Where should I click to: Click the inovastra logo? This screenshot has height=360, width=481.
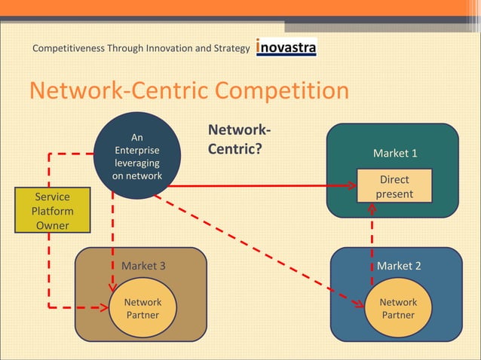pos(286,47)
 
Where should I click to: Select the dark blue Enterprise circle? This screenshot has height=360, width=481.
pos(137,156)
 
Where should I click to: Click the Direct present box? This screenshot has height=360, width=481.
pos(394,186)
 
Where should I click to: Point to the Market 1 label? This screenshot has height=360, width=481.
pos(395,154)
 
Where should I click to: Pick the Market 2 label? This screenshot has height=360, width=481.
pos(399,266)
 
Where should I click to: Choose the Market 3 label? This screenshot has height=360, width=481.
pos(143,266)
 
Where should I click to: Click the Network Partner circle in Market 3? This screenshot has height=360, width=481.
pos(142,308)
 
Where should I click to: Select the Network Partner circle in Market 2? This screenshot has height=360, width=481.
pos(398,308)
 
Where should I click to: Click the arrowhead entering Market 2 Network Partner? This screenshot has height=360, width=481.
pos(361,304)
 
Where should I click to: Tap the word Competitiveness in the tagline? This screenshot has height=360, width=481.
pos(69,49)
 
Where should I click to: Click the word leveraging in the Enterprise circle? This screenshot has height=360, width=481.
pos(137,163)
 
